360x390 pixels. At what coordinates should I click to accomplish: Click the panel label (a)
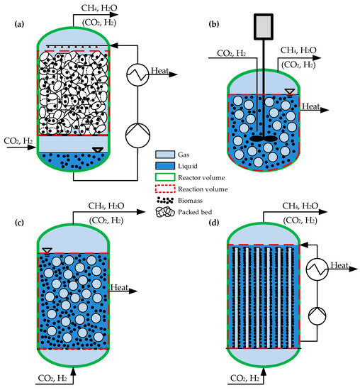pos(19,24)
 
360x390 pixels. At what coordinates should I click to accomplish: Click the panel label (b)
pos(214,24)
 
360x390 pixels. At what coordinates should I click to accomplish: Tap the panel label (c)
pos(19,222)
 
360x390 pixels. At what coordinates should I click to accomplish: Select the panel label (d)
pos(214,222)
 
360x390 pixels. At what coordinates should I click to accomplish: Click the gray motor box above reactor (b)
pos(264,27)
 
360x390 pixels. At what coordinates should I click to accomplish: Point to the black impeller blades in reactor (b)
pos(264,138)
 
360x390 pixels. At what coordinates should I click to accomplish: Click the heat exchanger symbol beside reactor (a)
pos(137,75)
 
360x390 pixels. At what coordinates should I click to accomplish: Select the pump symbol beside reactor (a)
pos(137,135)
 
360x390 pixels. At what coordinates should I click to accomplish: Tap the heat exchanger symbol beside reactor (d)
pos(317,269)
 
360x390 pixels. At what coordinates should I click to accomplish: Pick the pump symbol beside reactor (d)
pos(317,316)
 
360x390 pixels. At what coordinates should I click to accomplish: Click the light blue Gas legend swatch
pos(165,155)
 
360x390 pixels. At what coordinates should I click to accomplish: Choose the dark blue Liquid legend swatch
pos(165,166)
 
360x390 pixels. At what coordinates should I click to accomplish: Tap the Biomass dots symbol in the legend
pos(165,200)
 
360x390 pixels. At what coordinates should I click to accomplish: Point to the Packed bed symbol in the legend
pos(165,212)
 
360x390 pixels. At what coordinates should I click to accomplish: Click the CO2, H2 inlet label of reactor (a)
pos(18,141)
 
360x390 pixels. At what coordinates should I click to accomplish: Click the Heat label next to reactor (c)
pos(119,287)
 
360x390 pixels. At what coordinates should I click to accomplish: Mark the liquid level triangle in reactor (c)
pos(47,251)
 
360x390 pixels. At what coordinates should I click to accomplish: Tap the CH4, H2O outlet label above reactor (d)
pos(300,206)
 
